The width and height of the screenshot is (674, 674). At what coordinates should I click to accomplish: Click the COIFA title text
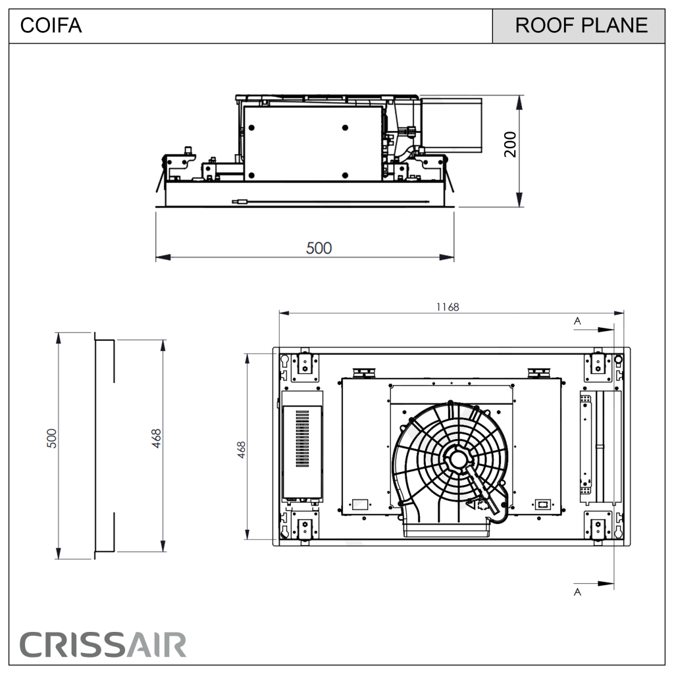[x=51, y=26]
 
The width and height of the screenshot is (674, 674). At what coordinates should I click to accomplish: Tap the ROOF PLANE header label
[x=581, y=26]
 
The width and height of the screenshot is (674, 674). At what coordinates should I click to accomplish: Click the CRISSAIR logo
[x=103, y=645]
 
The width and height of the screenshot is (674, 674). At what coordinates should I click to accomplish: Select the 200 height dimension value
[x=510, y=144]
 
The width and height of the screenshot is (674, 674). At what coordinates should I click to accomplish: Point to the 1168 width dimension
[x=448, y=307]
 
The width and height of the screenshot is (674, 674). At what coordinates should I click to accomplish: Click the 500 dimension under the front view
[x=319, y=248]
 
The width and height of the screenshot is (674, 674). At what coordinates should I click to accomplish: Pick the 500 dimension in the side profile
[x=51, y=438]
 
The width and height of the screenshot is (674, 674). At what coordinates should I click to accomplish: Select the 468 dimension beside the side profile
[x=157, y=438]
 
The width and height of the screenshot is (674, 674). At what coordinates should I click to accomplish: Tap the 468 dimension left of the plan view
[x=242, y=450]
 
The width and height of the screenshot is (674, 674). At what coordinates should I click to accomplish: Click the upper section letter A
[x=577, y=321]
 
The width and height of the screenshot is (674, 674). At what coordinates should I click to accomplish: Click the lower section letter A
[x=577, y=592]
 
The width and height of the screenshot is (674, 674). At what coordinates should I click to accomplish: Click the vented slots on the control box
[x=302, y=438]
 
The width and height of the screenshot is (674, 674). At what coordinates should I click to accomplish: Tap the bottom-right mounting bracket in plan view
[x=598, y=528]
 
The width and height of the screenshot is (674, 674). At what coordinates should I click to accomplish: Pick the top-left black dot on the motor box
[x=251, y=128]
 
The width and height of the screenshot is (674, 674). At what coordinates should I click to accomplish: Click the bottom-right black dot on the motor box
[x=345, y=175]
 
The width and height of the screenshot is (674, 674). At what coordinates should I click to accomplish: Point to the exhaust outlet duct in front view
[x=452, y=125]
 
